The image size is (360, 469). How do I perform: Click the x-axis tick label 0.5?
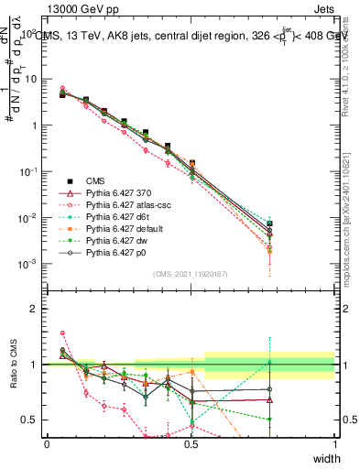[x=191, y=444]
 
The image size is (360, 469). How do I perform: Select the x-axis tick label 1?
[x=334, y=444]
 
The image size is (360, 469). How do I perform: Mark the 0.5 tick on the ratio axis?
[x=32, y=420]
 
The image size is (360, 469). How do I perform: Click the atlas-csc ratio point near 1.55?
[x=62, y=333]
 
